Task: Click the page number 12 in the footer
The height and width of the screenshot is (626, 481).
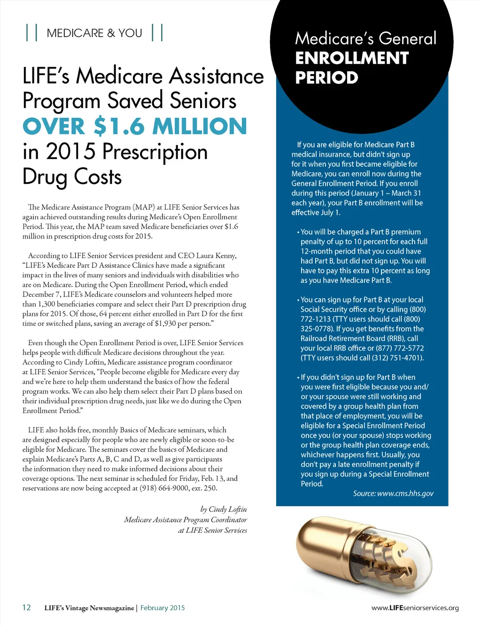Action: pos(27,607)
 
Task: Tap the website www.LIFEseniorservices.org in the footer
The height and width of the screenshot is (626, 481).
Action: pos(415,608)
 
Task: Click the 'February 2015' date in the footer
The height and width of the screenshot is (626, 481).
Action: pos(163,608)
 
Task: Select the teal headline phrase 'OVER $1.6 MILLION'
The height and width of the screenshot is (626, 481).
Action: pos(135,126)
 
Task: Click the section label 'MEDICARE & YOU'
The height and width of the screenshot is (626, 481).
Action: pos(94,33)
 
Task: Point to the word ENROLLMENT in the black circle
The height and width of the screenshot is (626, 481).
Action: pos(352,58)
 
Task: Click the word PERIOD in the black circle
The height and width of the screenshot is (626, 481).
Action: pos(326,78)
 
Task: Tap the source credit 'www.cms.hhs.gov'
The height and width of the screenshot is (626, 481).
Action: pos(405,494)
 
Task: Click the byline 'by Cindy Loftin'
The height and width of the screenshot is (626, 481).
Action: pos(223,510)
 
